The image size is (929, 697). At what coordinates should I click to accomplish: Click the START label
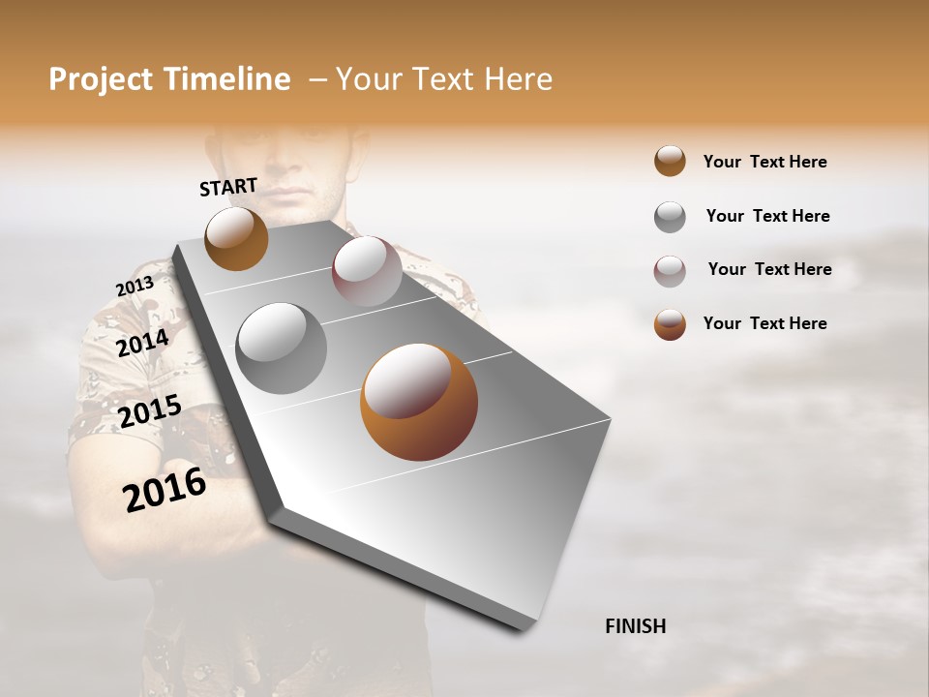pos(228,187)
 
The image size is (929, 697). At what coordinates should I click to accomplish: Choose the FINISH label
pos(635,626)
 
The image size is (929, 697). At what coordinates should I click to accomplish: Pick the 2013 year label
pos(135,288)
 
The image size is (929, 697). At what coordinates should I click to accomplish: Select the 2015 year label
pos(149,411)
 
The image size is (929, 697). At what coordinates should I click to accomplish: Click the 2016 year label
pos(165,490)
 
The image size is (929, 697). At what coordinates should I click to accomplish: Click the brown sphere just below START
pos(236,238)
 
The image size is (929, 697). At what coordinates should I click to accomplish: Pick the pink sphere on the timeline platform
pos(367,271)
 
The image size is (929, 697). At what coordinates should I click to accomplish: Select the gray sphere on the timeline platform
pos(282,348)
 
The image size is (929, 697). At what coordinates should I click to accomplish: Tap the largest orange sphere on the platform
pos(418,402)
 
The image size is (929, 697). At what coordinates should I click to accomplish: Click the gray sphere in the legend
pos(670,217)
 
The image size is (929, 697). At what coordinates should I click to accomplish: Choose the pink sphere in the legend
pos(670,271)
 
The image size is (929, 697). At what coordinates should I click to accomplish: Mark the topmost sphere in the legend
pos(670,162)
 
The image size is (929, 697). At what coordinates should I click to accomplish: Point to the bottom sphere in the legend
pos(670,324)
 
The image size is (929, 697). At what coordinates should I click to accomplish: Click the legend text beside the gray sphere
pos(767,216)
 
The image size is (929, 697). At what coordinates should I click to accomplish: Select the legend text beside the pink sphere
pos(769,269)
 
